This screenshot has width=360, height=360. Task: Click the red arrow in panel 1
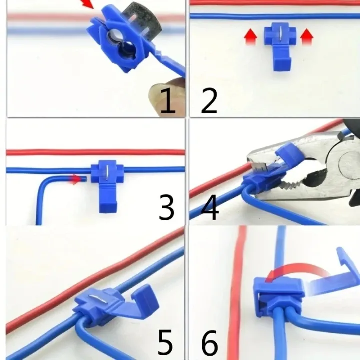coord(87,5)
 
